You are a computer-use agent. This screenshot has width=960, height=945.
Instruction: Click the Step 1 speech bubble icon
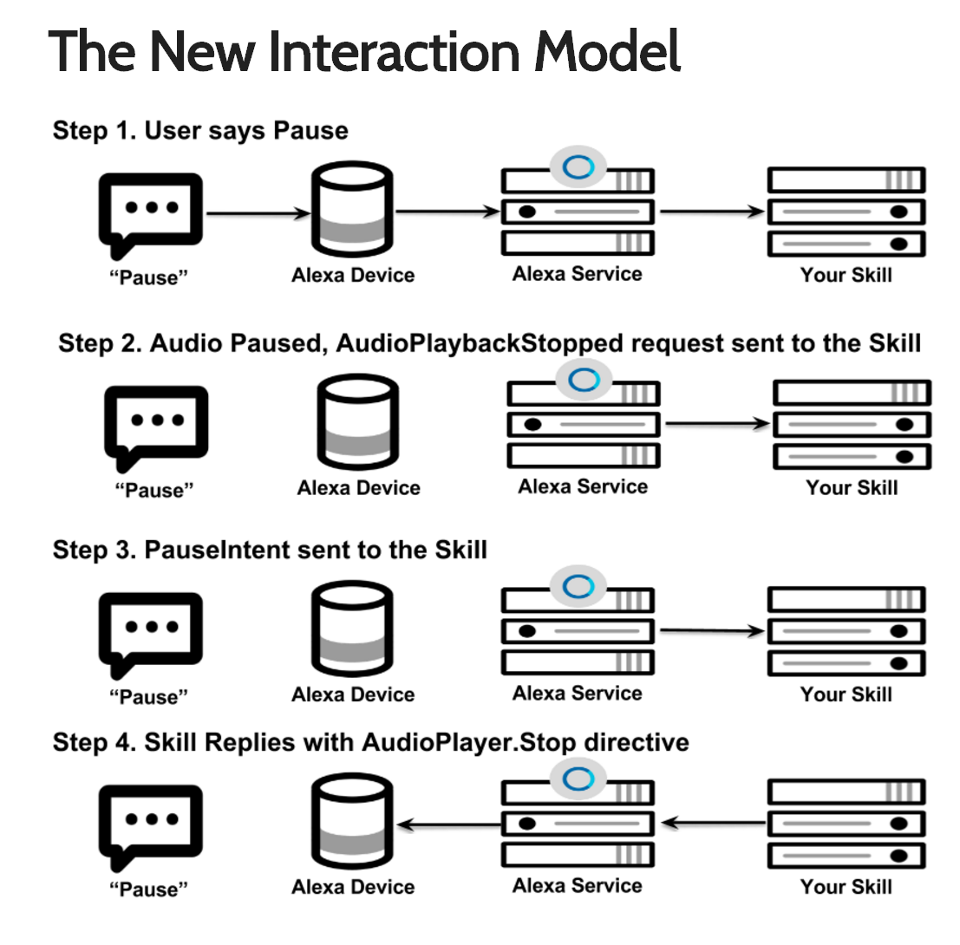[x=150, y=212]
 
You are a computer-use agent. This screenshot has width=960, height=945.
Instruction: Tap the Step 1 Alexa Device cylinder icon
[x=353, y=212]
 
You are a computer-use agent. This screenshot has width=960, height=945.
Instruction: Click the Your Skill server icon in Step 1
[x=846, y=212]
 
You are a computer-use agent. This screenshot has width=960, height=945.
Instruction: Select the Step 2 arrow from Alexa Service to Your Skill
[x=716, y=424]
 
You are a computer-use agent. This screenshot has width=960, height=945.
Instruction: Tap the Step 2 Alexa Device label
[x=358, y=488]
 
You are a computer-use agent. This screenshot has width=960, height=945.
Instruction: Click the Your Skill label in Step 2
[x=852, y=488]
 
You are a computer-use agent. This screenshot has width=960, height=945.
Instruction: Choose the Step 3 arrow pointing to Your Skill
[x=711, y=631]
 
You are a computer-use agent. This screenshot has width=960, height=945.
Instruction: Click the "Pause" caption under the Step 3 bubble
[x=148, y=696]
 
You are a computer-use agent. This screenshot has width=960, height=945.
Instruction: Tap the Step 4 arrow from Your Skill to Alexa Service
[x=712, y=823]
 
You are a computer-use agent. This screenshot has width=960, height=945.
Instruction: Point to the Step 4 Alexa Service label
[x=577, y=885]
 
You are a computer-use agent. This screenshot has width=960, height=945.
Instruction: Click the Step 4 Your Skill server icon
[x=846, y=823]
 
